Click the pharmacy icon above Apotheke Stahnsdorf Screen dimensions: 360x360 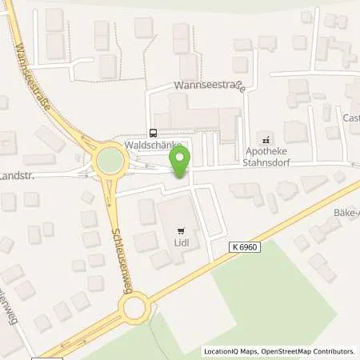[270, 136]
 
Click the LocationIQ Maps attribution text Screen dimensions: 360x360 [234, 351]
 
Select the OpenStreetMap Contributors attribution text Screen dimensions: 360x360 [310, 351]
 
